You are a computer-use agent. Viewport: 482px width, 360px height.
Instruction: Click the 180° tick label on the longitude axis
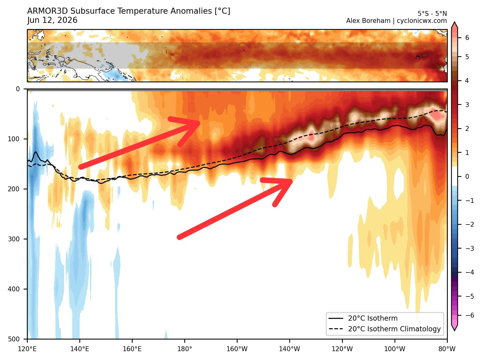tap(185, 349)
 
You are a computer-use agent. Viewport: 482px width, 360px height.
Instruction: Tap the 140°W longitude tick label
tap(290, 349)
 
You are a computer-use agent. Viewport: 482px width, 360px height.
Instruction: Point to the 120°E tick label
tap(27, 349)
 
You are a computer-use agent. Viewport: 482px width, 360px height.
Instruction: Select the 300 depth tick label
tap(14, 239)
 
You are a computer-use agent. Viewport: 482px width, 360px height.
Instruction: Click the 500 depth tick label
tap(14, 339)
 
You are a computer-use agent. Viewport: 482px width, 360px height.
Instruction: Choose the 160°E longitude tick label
tap(132, 349)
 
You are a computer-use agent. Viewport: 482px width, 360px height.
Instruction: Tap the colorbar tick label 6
tap(467, 38)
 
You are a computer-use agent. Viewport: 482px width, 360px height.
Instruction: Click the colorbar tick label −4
tap(469, 272)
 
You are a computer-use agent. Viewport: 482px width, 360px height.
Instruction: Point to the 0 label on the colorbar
tap(467, 176)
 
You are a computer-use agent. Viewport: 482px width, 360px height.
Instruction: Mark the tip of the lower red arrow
tap(292, 181)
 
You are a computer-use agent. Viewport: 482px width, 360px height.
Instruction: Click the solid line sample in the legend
tap(336, 318)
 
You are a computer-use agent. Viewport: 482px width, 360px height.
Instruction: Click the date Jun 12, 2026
tap(52, 20)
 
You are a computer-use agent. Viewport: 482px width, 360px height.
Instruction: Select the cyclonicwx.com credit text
tap(422, 21)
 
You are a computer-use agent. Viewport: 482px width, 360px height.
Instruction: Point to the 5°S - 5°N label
tap(432, 14)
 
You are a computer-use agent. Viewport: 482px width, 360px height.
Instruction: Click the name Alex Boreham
tap(368, 21)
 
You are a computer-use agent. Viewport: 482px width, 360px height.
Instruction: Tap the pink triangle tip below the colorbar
tap(454, 330)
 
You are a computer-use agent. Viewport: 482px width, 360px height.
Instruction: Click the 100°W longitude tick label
tap(395, 349)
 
